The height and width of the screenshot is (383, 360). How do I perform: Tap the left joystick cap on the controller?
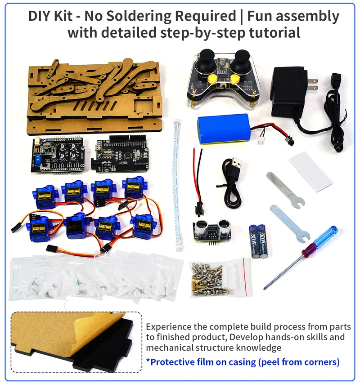(207, 56)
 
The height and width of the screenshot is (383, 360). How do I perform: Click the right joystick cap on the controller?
(242, 57)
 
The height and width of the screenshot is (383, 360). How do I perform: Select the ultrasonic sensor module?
(212, 231)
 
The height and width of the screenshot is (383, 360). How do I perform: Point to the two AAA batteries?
(258, 241)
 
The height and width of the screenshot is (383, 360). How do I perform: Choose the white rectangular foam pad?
(310, 171)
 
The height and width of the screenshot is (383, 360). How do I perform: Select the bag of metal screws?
(220, 279)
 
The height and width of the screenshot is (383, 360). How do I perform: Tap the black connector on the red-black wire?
(198, 210)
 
